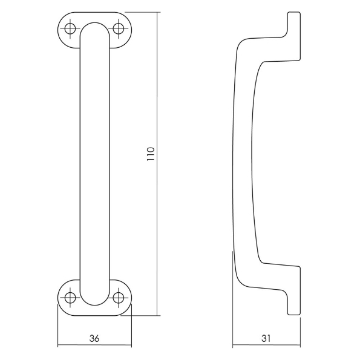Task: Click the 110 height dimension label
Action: click(x=151, y=154)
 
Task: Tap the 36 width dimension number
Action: click(x=94, y=339)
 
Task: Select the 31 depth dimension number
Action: click(x=267, y=339)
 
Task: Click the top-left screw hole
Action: click(x=71, y=28)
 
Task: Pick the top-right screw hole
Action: click(x=119, y=28)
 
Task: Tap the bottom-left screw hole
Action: click(x=71, y=297)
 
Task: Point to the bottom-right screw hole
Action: click(x=119, y=297)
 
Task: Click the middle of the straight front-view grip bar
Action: click(x=95, y=163)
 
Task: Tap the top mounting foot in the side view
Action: click(x=292, y=36)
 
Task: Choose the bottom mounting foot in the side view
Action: click(x=292, y=290)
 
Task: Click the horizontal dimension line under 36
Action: click(x=94, y=346)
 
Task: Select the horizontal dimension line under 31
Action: click(x=267, y=346)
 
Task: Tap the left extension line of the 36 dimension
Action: click(x=57, y=327)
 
